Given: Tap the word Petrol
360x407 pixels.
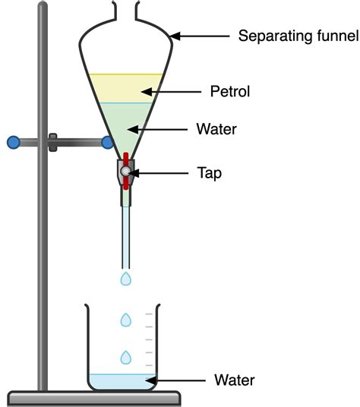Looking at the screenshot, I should (229, 92).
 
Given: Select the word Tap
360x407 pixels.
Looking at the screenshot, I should (210, 173).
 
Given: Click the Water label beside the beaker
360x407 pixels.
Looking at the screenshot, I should (234, 380).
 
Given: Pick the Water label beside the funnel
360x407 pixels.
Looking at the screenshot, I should (216, 130).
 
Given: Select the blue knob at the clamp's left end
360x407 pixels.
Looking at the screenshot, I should (12, 141).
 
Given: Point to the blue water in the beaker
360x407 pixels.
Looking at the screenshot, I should (122, 382).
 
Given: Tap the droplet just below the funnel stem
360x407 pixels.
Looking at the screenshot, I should (126, 279).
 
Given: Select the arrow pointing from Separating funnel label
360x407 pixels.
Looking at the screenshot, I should (201, 35).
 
